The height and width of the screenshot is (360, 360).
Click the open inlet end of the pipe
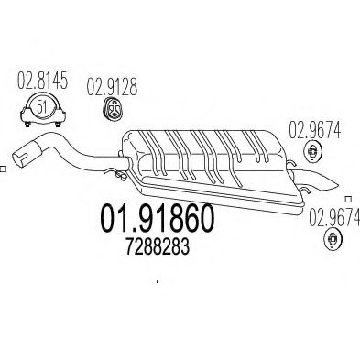click(18, 154)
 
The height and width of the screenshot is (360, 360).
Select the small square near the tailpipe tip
click(347, 197)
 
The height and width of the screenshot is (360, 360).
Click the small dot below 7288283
click(158, 282)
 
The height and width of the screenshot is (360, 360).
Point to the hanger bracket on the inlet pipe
click(116, 172)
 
